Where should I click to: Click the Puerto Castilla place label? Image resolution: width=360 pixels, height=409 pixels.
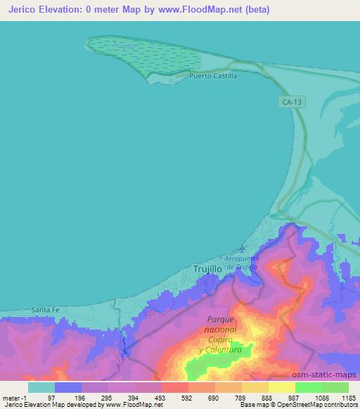coord(213,75)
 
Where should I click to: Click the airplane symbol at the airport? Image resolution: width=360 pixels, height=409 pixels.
coord(243,249)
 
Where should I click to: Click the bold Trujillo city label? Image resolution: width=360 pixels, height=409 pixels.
coord(207,268)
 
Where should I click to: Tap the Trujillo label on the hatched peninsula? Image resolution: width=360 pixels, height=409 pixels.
coord(123,46)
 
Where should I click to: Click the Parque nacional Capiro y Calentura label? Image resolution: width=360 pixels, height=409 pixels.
coord(220,334)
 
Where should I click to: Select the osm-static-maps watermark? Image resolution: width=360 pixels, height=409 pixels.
coord(330,375)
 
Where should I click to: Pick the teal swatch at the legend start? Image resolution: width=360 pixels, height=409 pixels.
coord(41,387)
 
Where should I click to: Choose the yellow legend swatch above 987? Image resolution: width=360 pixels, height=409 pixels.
coord(281,387)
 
